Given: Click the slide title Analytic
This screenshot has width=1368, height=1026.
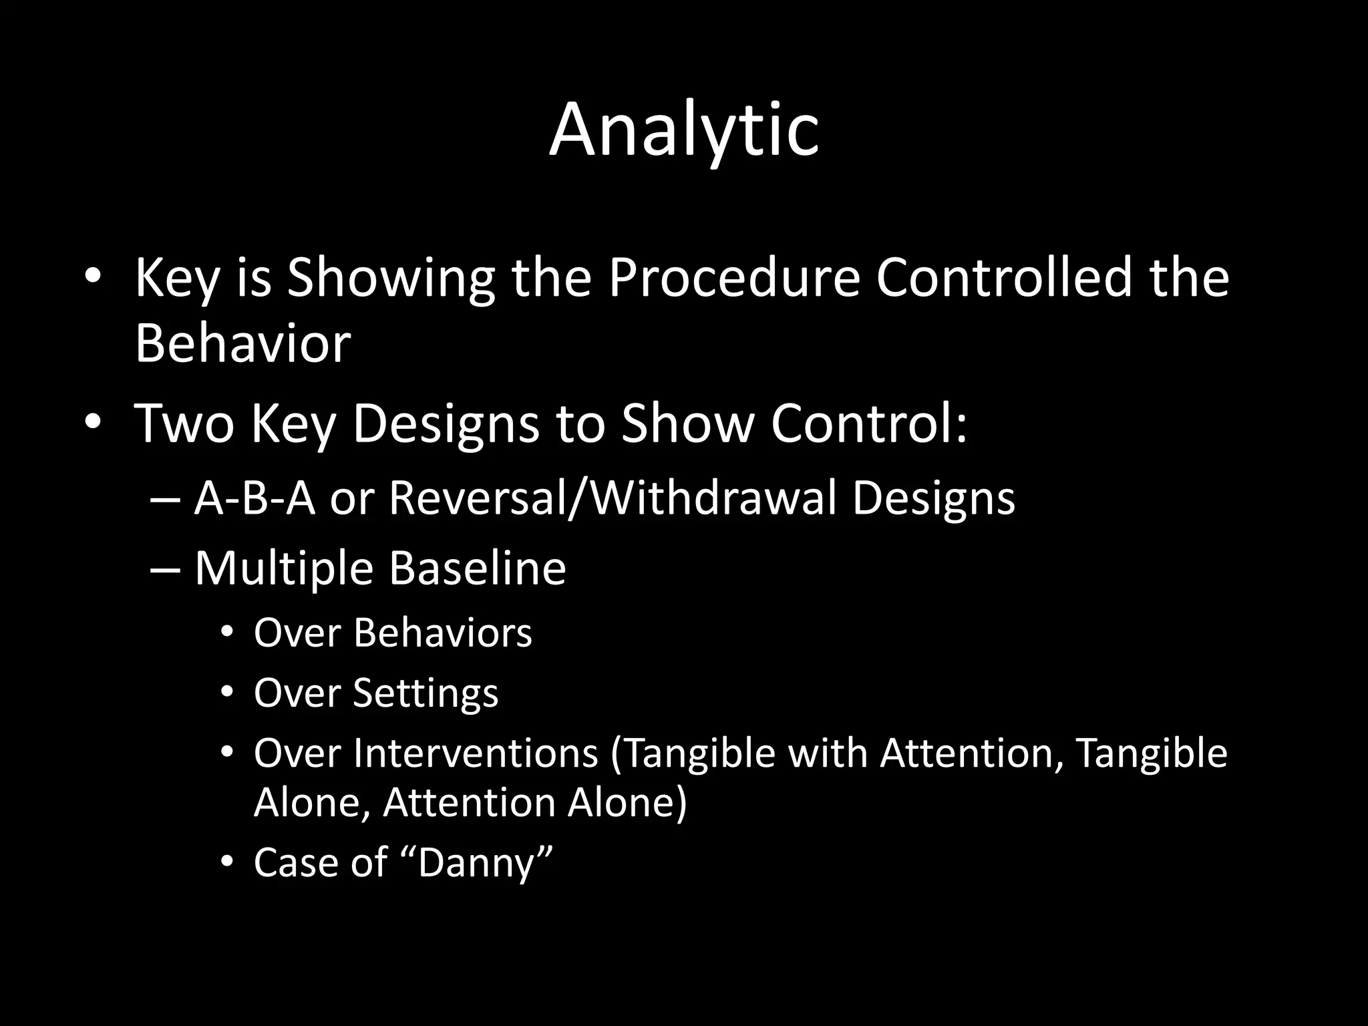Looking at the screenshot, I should point(684,130).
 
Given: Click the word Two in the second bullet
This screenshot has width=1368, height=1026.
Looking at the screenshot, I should point(184,423).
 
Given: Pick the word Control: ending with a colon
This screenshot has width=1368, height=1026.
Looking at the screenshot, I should point(868,423).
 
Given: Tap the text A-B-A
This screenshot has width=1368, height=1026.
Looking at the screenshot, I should point(254,499).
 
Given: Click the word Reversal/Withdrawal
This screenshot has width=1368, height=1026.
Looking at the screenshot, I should point(612,499).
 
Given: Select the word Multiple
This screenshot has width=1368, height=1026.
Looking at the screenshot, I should point(283,568).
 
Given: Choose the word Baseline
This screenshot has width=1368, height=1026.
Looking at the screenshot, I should point(477,568).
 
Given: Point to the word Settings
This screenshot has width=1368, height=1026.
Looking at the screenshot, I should point(425,693).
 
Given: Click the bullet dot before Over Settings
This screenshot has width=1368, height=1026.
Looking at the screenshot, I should point(228,693).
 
